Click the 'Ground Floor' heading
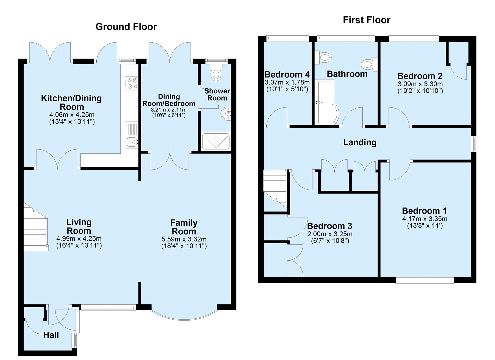tap(126, 27)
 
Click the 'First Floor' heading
tap(366, 20)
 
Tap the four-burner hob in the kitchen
tap(131, 83)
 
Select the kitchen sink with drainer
tap(131, 135)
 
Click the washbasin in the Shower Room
tap(226, 114)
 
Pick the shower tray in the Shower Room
tap(216, 141)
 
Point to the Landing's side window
tap(473, 144)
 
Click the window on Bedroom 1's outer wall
tap(425, 280)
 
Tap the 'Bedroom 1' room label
tap(424, 211)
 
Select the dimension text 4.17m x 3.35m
tap(424, 219)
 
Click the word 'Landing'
tap(360, 142)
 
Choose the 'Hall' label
tap(51, 335)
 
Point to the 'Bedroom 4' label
tap(287, 74)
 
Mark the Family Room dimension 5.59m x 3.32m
tap(184, 239)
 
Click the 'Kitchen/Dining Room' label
tap(71, 102)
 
